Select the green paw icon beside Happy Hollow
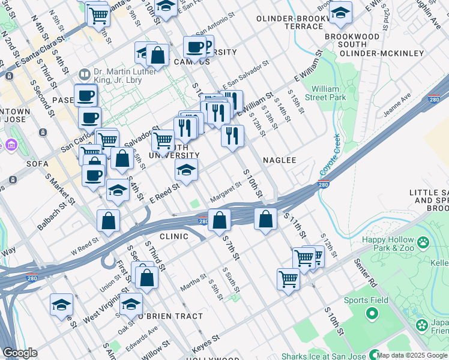point(424,243)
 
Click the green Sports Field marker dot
point(372,313)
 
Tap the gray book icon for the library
point(85,74)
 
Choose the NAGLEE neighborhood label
point(280,160)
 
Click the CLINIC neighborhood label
point(174,236)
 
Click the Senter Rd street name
point(365,277)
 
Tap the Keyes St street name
point(203,346)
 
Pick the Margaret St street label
point(226,193)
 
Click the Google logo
point(20,353)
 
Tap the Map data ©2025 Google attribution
point(412,355)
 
